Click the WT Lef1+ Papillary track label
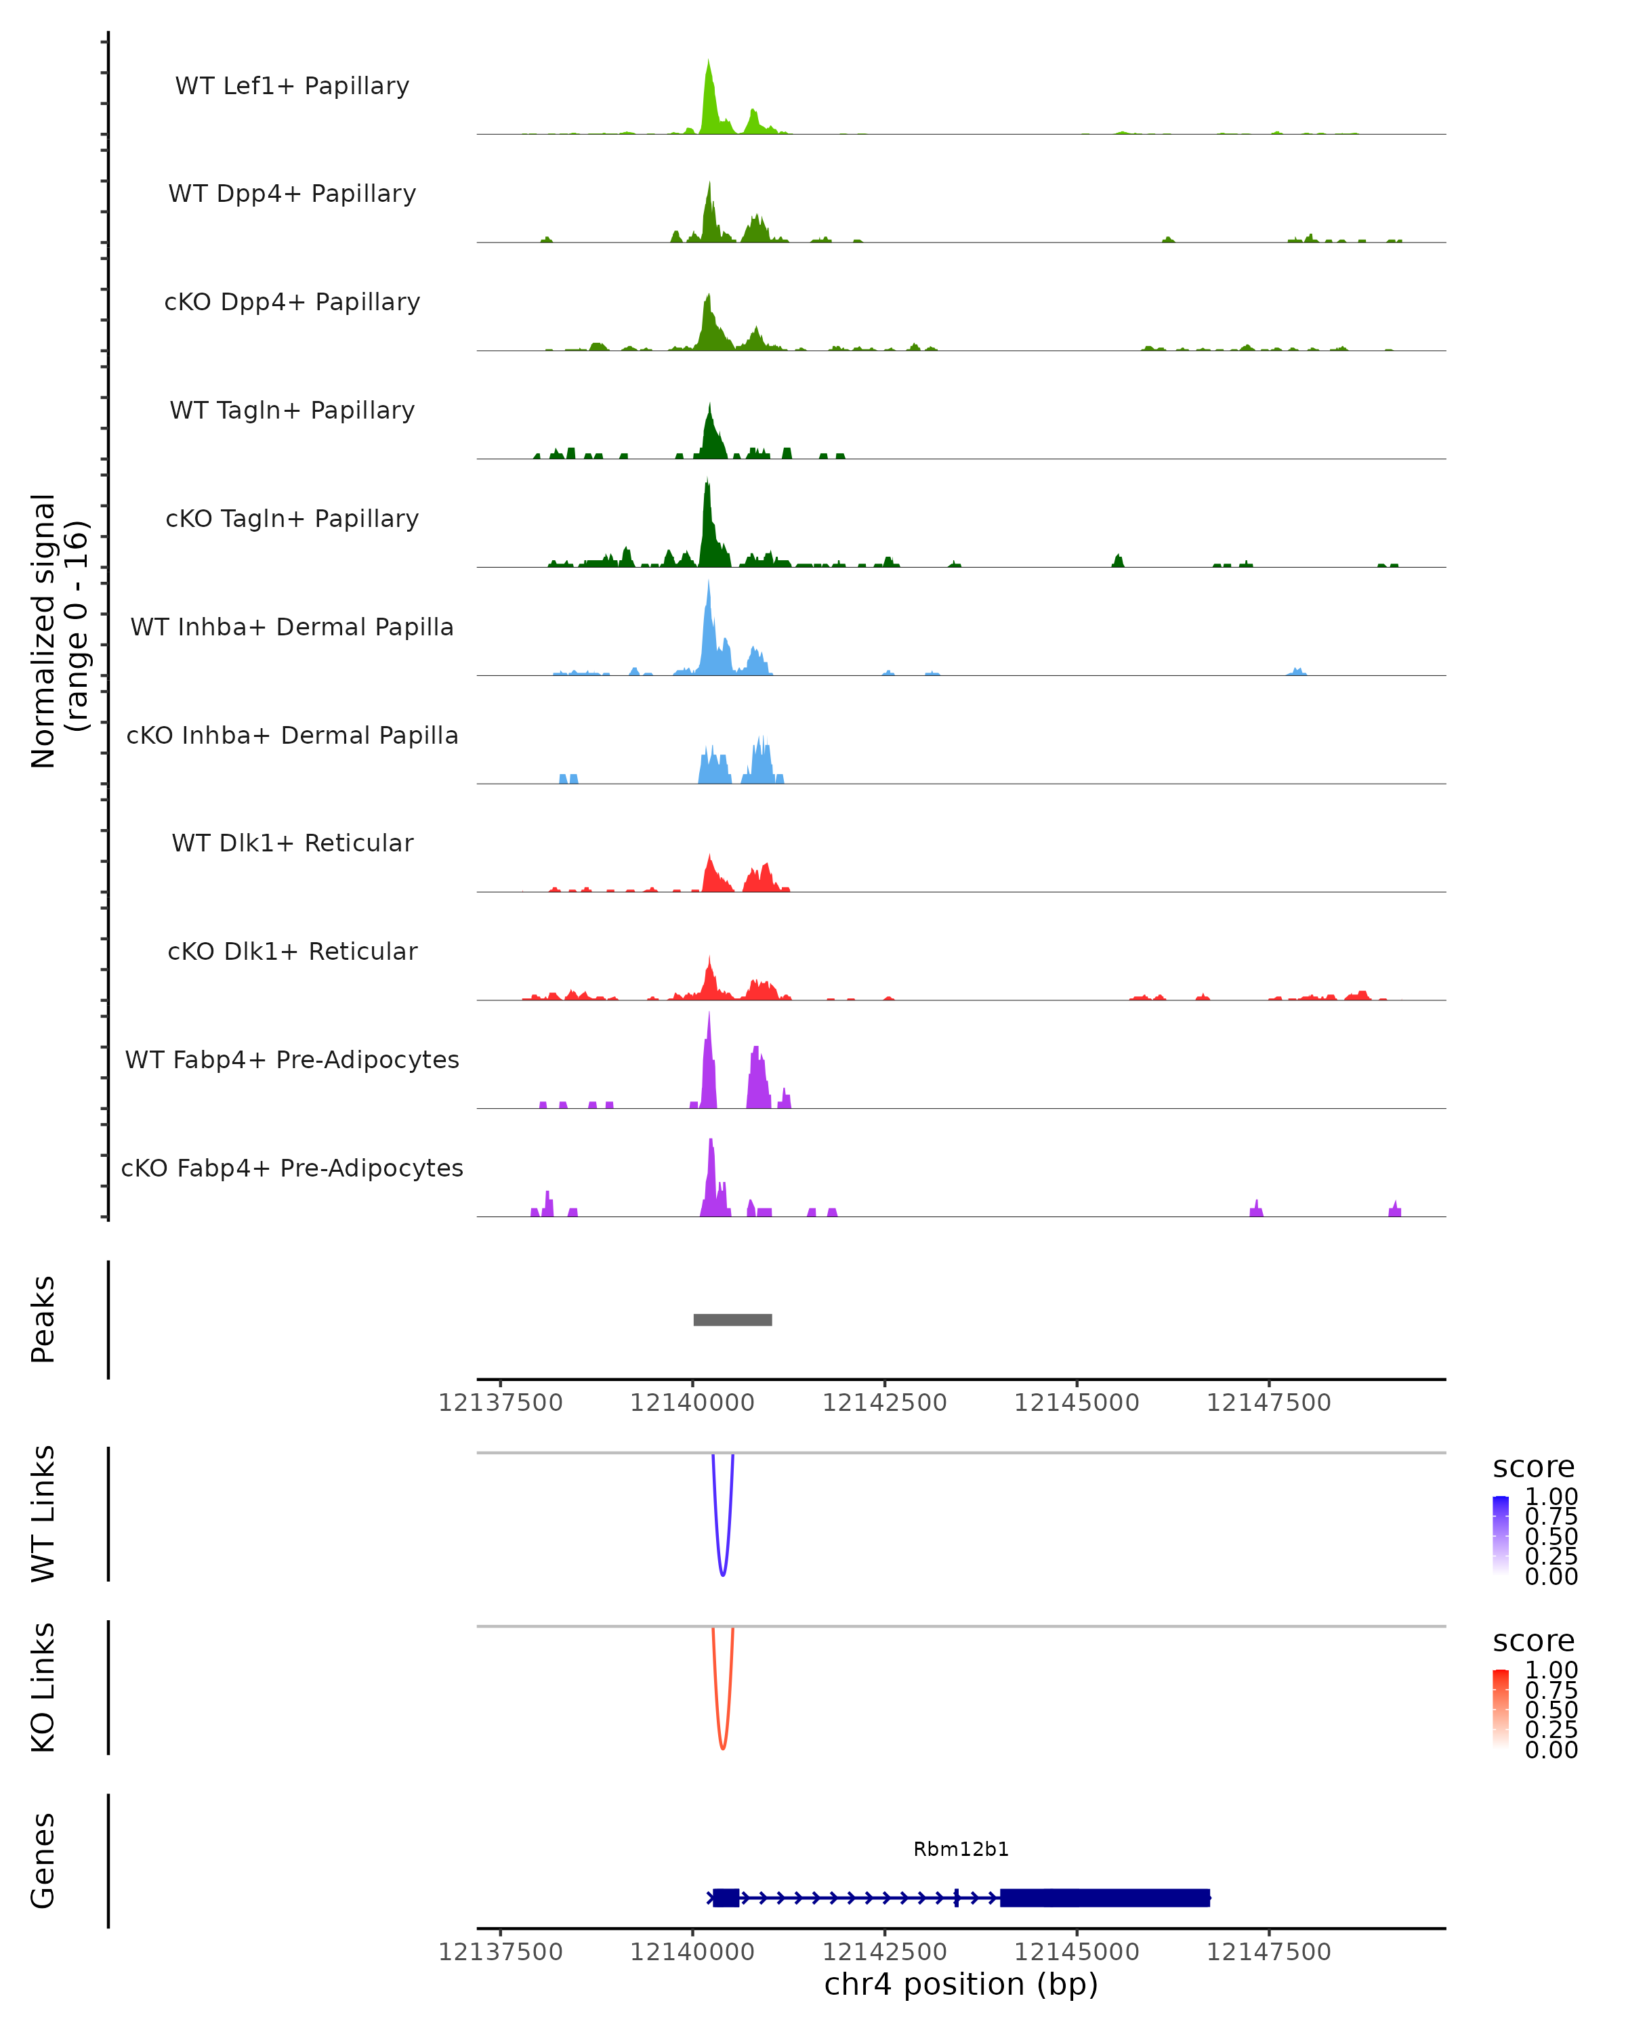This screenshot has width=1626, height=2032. [292, 86]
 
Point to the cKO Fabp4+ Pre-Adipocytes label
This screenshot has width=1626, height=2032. [292, 1168]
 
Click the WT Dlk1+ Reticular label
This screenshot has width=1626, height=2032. [292, 843]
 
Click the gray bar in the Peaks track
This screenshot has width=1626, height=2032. [732, 1319]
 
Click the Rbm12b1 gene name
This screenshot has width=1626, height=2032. [961, 1849]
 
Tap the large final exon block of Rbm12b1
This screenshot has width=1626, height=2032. [1105, 1897]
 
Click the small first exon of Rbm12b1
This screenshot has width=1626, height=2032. [725, 1897]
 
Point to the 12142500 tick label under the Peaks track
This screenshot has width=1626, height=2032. [884, 1403]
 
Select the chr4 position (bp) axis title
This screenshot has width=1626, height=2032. [961, 1984]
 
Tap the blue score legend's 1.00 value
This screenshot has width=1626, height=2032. [1551, 1497]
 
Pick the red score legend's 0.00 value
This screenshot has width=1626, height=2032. [1551, 1750]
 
